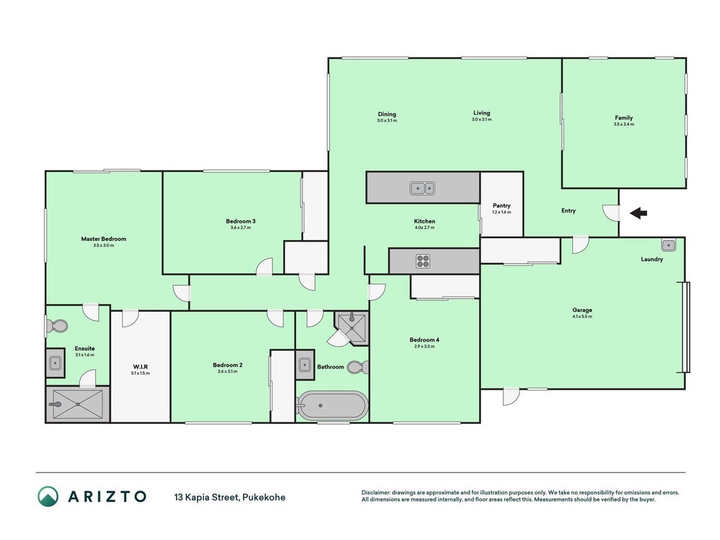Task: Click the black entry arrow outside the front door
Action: (638, 213)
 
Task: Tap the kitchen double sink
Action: (422, 188)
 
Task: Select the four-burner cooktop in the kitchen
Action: (423, 261)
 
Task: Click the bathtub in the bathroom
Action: (332, 406)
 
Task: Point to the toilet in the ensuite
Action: (57, 326)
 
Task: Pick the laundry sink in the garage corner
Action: (669, 245)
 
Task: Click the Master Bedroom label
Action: (103, 239)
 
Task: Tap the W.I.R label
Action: (140, 367)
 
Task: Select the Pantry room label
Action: (501, 206)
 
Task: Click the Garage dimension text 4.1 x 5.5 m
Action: (582, 317)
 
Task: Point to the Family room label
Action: (624, 117)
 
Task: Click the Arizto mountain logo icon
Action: (48, 496)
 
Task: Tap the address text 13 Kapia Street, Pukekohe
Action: (229, 497)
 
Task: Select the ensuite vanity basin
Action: (55, 362)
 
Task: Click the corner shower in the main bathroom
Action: (352, 328)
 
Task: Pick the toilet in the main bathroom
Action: (358, 367)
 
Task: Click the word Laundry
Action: (652, 259)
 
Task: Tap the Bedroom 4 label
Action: (424, 340)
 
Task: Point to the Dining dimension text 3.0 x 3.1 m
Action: (387, 120)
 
